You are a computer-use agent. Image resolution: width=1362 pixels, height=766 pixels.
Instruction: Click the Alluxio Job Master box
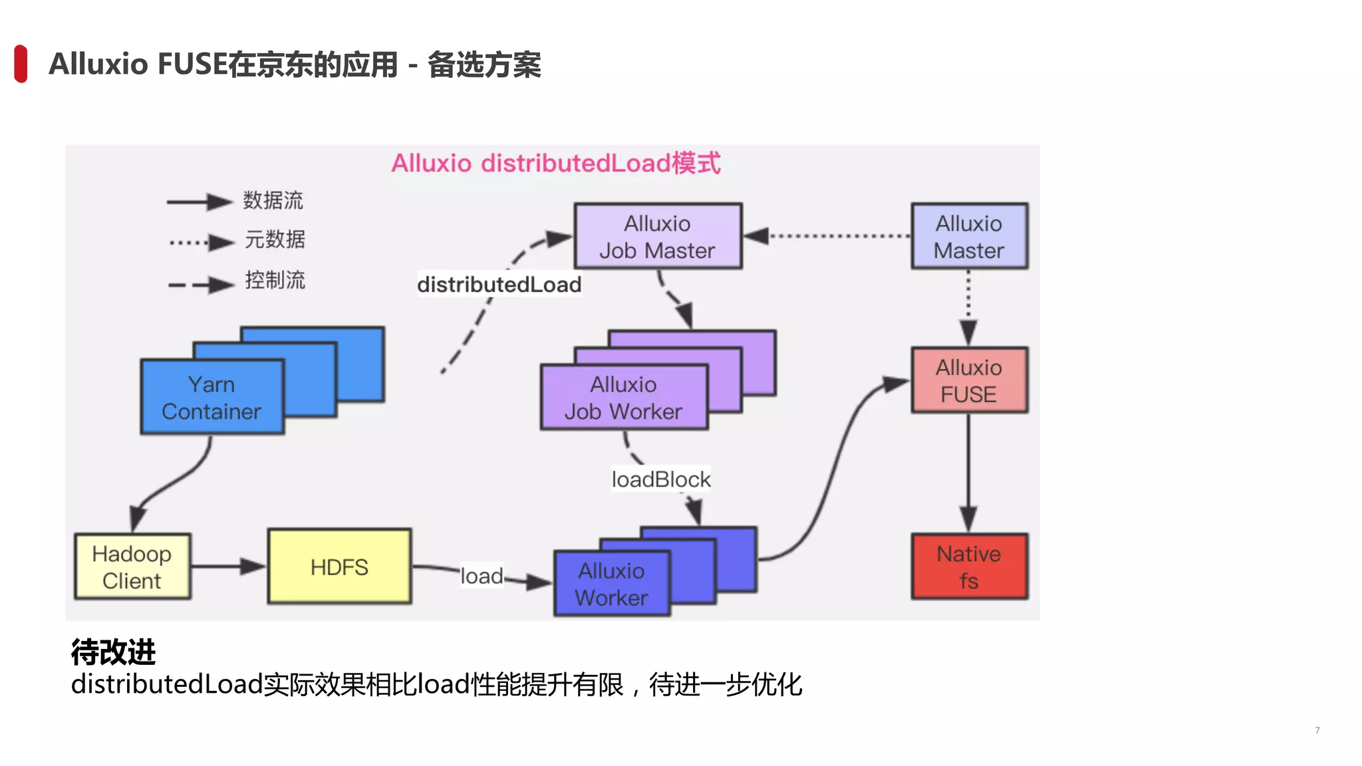(658, 236)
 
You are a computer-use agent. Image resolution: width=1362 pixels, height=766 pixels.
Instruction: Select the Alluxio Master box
(969, 236)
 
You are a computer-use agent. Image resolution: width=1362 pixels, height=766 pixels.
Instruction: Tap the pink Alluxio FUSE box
(969, 380)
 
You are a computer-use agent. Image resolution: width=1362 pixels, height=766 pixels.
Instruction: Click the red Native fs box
(969, 567)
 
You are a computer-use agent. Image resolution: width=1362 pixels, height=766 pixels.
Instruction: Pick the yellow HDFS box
(339, 567)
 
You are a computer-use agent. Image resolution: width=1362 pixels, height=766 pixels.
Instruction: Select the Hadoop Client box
(132, 567)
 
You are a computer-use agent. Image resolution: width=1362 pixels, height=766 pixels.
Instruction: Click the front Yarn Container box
(211, 398)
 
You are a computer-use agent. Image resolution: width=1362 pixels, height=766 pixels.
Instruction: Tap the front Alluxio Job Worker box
(624, 398)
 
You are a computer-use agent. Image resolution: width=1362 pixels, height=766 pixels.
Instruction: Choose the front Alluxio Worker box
(611, 584)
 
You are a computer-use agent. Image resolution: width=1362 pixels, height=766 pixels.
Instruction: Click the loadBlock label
(661, 479)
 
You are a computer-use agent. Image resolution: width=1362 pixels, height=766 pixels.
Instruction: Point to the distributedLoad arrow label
(499, 285)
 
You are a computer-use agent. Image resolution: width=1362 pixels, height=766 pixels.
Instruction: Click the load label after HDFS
(481, 576)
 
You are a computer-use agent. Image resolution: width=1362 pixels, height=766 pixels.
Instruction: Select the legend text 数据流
(273, 200)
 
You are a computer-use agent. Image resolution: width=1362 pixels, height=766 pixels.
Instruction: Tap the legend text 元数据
(275, 239)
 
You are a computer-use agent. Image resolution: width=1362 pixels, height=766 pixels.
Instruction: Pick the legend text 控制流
(275, 280)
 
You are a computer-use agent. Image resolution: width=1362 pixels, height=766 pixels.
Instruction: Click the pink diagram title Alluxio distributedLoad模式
(555, 164)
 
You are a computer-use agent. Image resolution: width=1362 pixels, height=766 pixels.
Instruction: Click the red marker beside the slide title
(21, 64)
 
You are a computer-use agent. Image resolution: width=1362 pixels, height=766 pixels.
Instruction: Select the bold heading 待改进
(113, 652)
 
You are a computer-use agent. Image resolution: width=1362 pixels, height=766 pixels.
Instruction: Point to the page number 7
(1317, 730)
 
